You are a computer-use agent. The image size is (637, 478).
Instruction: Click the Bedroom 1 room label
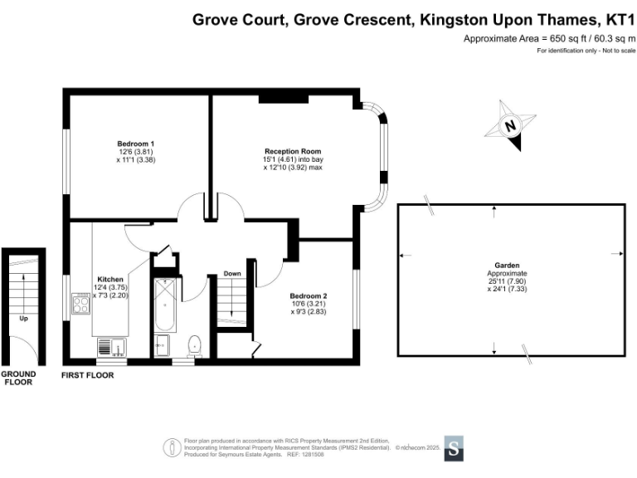pyautogui.click(x=136, y=144)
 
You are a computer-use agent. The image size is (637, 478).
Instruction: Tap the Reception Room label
pyautogui.click(x=293, y=152)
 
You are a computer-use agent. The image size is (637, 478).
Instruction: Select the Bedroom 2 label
pyautogui.click(x=309, y=296)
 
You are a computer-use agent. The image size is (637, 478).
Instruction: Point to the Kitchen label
pyautogui.click(x=110, y=280)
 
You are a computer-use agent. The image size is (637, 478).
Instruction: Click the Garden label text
pyautogui.click(x=507, y=266)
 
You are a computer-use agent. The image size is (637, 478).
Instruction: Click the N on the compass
pyautogui.click(x=510, y=125)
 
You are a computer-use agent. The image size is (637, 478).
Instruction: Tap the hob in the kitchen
pyautogui.click(x=80, y=304)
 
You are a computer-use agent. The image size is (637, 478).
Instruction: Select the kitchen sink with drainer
pyautogui.click(x=112, y=348)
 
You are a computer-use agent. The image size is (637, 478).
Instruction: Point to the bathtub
pyautogui.click(x=165, y=305)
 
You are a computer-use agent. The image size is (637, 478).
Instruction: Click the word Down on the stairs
pyautogui.click(x=232, y=274)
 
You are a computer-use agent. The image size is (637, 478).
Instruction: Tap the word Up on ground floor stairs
pyautogui.click(x=23, y=319)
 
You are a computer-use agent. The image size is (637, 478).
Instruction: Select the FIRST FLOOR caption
pyautogui.click(x=88, y=376)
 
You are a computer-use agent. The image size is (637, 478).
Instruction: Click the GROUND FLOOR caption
pyautogui.click(x=18, y=378)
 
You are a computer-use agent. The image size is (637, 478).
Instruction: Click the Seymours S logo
pyautogui.click(x=454, y=449)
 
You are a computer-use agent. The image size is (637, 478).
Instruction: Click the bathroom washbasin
pyautogui.click(x=162, y=345)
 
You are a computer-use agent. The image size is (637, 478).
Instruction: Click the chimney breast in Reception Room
pyautogui.click(x=284, y=99)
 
